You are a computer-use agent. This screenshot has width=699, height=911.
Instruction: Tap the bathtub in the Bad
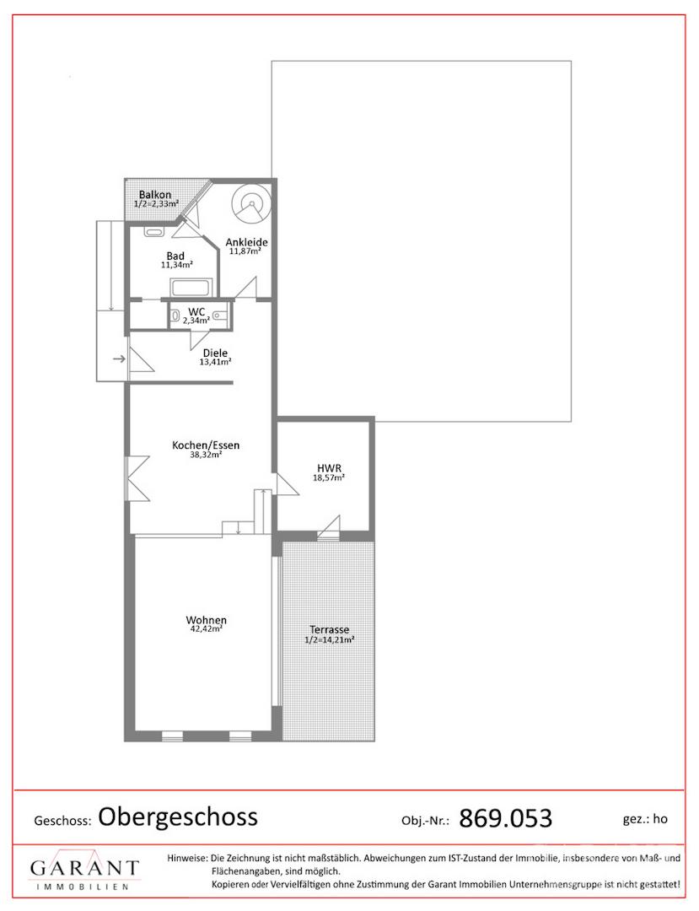(x=192, y=287)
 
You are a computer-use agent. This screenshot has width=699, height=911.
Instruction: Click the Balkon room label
(x=155, y=195)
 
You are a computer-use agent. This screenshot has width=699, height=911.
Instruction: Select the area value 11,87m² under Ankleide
(x=245, y=251)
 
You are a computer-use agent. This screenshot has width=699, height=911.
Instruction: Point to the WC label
(x=196, y=312)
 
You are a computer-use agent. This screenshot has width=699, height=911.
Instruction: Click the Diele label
(x=215, y=353)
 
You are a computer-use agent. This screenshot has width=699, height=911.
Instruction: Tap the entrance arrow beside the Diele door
(x=119, y=359)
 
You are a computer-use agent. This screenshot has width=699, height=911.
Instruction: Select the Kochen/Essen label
(x=206, y=445)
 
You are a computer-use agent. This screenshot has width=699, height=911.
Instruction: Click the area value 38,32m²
(x=206, y=455)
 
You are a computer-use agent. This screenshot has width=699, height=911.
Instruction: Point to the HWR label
(x=329, y=468)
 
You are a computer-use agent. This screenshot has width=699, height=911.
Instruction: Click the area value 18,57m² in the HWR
(x=329, y=478)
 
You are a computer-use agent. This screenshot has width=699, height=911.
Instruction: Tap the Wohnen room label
(x=206, y=620)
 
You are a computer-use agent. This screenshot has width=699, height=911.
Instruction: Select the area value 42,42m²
(x=206, y=629)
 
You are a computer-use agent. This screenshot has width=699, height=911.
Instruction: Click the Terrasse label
(x=329, y=630)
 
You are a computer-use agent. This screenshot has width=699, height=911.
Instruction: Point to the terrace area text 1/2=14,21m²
(x=329, y=640)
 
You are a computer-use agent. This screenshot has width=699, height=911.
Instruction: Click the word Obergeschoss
(x=178, y=817)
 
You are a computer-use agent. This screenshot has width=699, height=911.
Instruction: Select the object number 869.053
(x=505, y=818)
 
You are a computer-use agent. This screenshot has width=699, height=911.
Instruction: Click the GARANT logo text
(x=84, y=869)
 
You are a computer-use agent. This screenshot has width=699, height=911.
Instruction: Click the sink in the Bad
(x=154, y=233)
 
